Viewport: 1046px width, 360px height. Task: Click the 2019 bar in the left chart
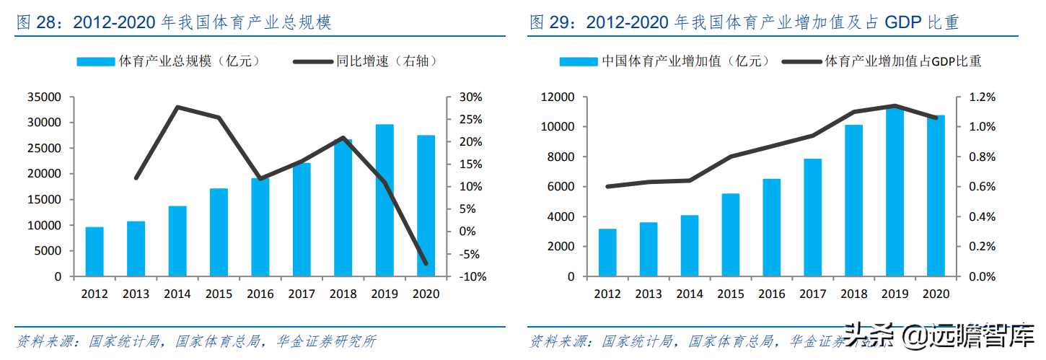point(384,201)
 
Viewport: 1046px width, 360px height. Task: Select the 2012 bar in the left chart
point(95,252)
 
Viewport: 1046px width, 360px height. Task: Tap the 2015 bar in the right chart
point(731,235)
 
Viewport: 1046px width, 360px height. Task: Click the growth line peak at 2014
point(177,107)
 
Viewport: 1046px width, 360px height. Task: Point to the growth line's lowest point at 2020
point(426,263)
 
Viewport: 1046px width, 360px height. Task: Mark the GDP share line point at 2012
point(607,186)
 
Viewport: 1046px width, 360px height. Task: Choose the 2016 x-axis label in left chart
point(260,294)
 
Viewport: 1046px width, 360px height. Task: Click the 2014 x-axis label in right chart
point(690,294)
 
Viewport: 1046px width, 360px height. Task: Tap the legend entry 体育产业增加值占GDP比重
point(902,61)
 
